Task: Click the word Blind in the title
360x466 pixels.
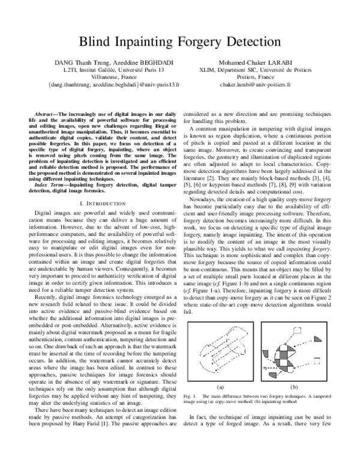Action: pyautogui.click(x=96, y=41)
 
